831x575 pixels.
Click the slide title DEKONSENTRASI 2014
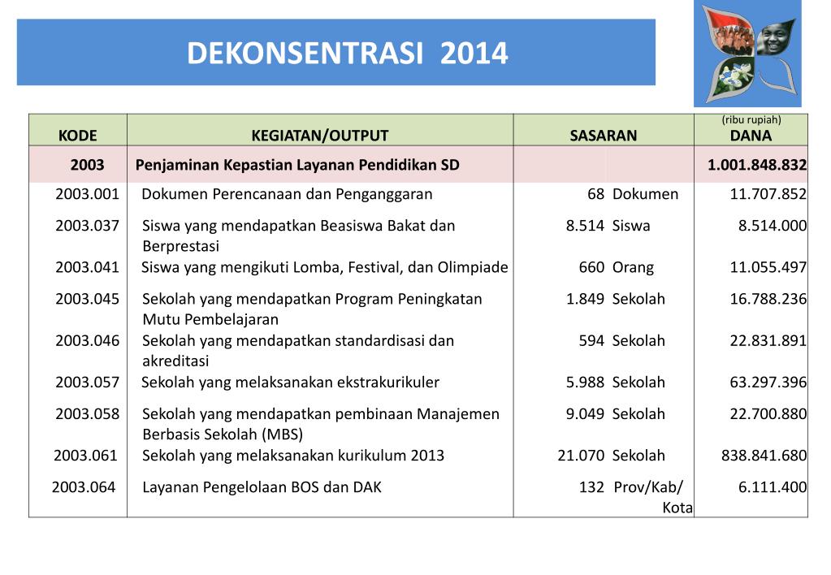pyautogui.click(x=347, y=54)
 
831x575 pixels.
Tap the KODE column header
pyautogui.click(x=77, y=136)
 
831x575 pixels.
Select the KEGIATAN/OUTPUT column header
pyautogui.click(x=319, y=136)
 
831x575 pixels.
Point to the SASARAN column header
pyautogui.click(x=604, y=136)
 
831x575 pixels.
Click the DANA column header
pyautogui.click(x=751, y=136)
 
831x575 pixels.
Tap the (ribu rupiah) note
pyautogui.click(x=751, y=120)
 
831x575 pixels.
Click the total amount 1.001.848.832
pyautogui.click(x=756, y=165)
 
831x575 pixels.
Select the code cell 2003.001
pyautogui.click(x=87, y=194)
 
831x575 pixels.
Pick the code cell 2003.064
pyautogui.click(x=83, y=487)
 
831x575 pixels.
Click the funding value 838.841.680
pyautogui.click(x=764, y=456)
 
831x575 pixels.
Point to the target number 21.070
pyautogui.click(x=581, y=456)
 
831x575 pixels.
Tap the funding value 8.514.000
pyautogui.click(x=772, y=226)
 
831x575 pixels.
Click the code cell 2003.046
pyautogui.click(x=87, y=340)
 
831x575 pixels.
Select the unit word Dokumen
pyautogui.click(x=645, y=194)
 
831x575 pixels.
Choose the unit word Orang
pyautogui.click(x=633, y=267)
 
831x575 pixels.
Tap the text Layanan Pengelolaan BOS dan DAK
pyautogui.click(x=262, y=487)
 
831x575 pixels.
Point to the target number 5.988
pyautogui.click(x=585, y=382)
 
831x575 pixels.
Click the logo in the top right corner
pyautogui.click(x=747, y=54)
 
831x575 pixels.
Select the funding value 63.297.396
pyautogui.click(x=768, y=382)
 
